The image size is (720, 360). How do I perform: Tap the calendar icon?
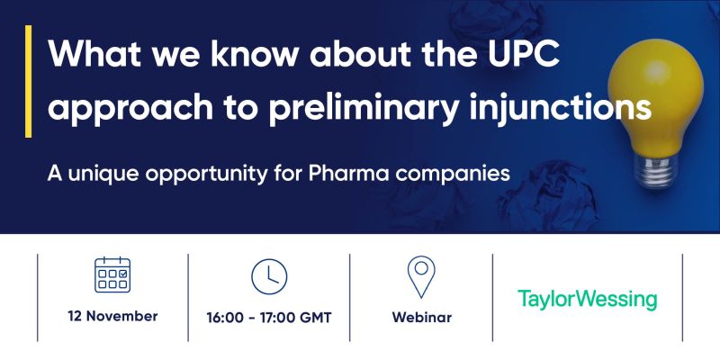[x=112, y=274]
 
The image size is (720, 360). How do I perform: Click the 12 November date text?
[x=112, y=317]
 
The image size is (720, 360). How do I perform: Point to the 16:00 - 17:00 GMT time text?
[x=269, y=318]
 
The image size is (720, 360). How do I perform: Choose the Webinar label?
[x=421, y=318]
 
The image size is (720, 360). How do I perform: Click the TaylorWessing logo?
[x=588, y=299]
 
